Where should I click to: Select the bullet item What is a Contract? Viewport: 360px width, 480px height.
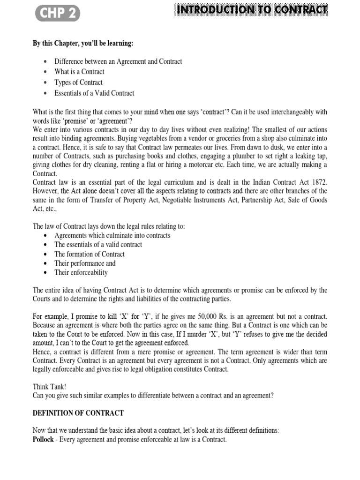pos(79,72)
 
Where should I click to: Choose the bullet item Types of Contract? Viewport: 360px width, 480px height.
pos(78,82)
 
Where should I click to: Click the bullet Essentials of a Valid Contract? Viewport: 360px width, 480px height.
pos(94,93)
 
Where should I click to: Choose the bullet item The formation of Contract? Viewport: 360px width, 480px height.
pos(90,254)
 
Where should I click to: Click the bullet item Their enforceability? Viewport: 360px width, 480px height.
pos(81,272)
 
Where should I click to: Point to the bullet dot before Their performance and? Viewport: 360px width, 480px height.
pos(45,263)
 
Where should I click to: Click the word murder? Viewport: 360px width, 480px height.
pos(217,335)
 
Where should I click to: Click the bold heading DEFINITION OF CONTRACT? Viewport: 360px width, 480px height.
pos(78,413)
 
